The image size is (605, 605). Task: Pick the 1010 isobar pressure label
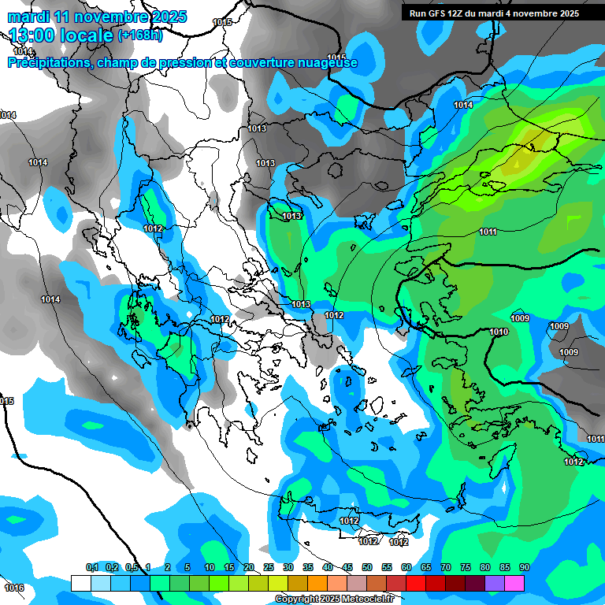point(499,332)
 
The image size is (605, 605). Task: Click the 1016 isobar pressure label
point(13,588)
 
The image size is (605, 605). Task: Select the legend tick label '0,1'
point(91,568)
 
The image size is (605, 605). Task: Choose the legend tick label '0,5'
point(131,568)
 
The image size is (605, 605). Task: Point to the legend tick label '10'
point(210,568)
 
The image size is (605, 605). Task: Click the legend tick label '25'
point(269,568)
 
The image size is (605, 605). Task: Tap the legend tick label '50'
point(367,568)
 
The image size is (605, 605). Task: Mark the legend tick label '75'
point(466,568)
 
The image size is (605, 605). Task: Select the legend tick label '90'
point(525,568)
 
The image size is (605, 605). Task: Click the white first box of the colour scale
point(81,583)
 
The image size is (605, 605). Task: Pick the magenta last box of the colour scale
point(514,583)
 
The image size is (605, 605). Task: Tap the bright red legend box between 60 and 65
point(416,583)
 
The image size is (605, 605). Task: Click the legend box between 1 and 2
point(160,583)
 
